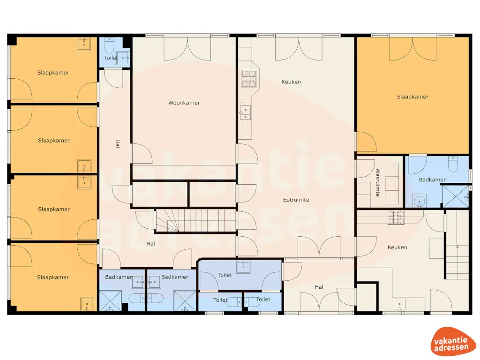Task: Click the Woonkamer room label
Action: [184, 103]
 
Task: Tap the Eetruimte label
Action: [296, 200]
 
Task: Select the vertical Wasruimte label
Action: [378, 182]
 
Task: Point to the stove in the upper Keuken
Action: [248, 79]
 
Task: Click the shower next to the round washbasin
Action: [456, 196]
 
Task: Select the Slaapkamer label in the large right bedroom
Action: [412, 97]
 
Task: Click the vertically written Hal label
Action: [117, 144]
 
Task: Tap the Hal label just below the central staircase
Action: [150, 244]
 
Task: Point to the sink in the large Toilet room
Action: [244, 267]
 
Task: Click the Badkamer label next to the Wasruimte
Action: [432, 180]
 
